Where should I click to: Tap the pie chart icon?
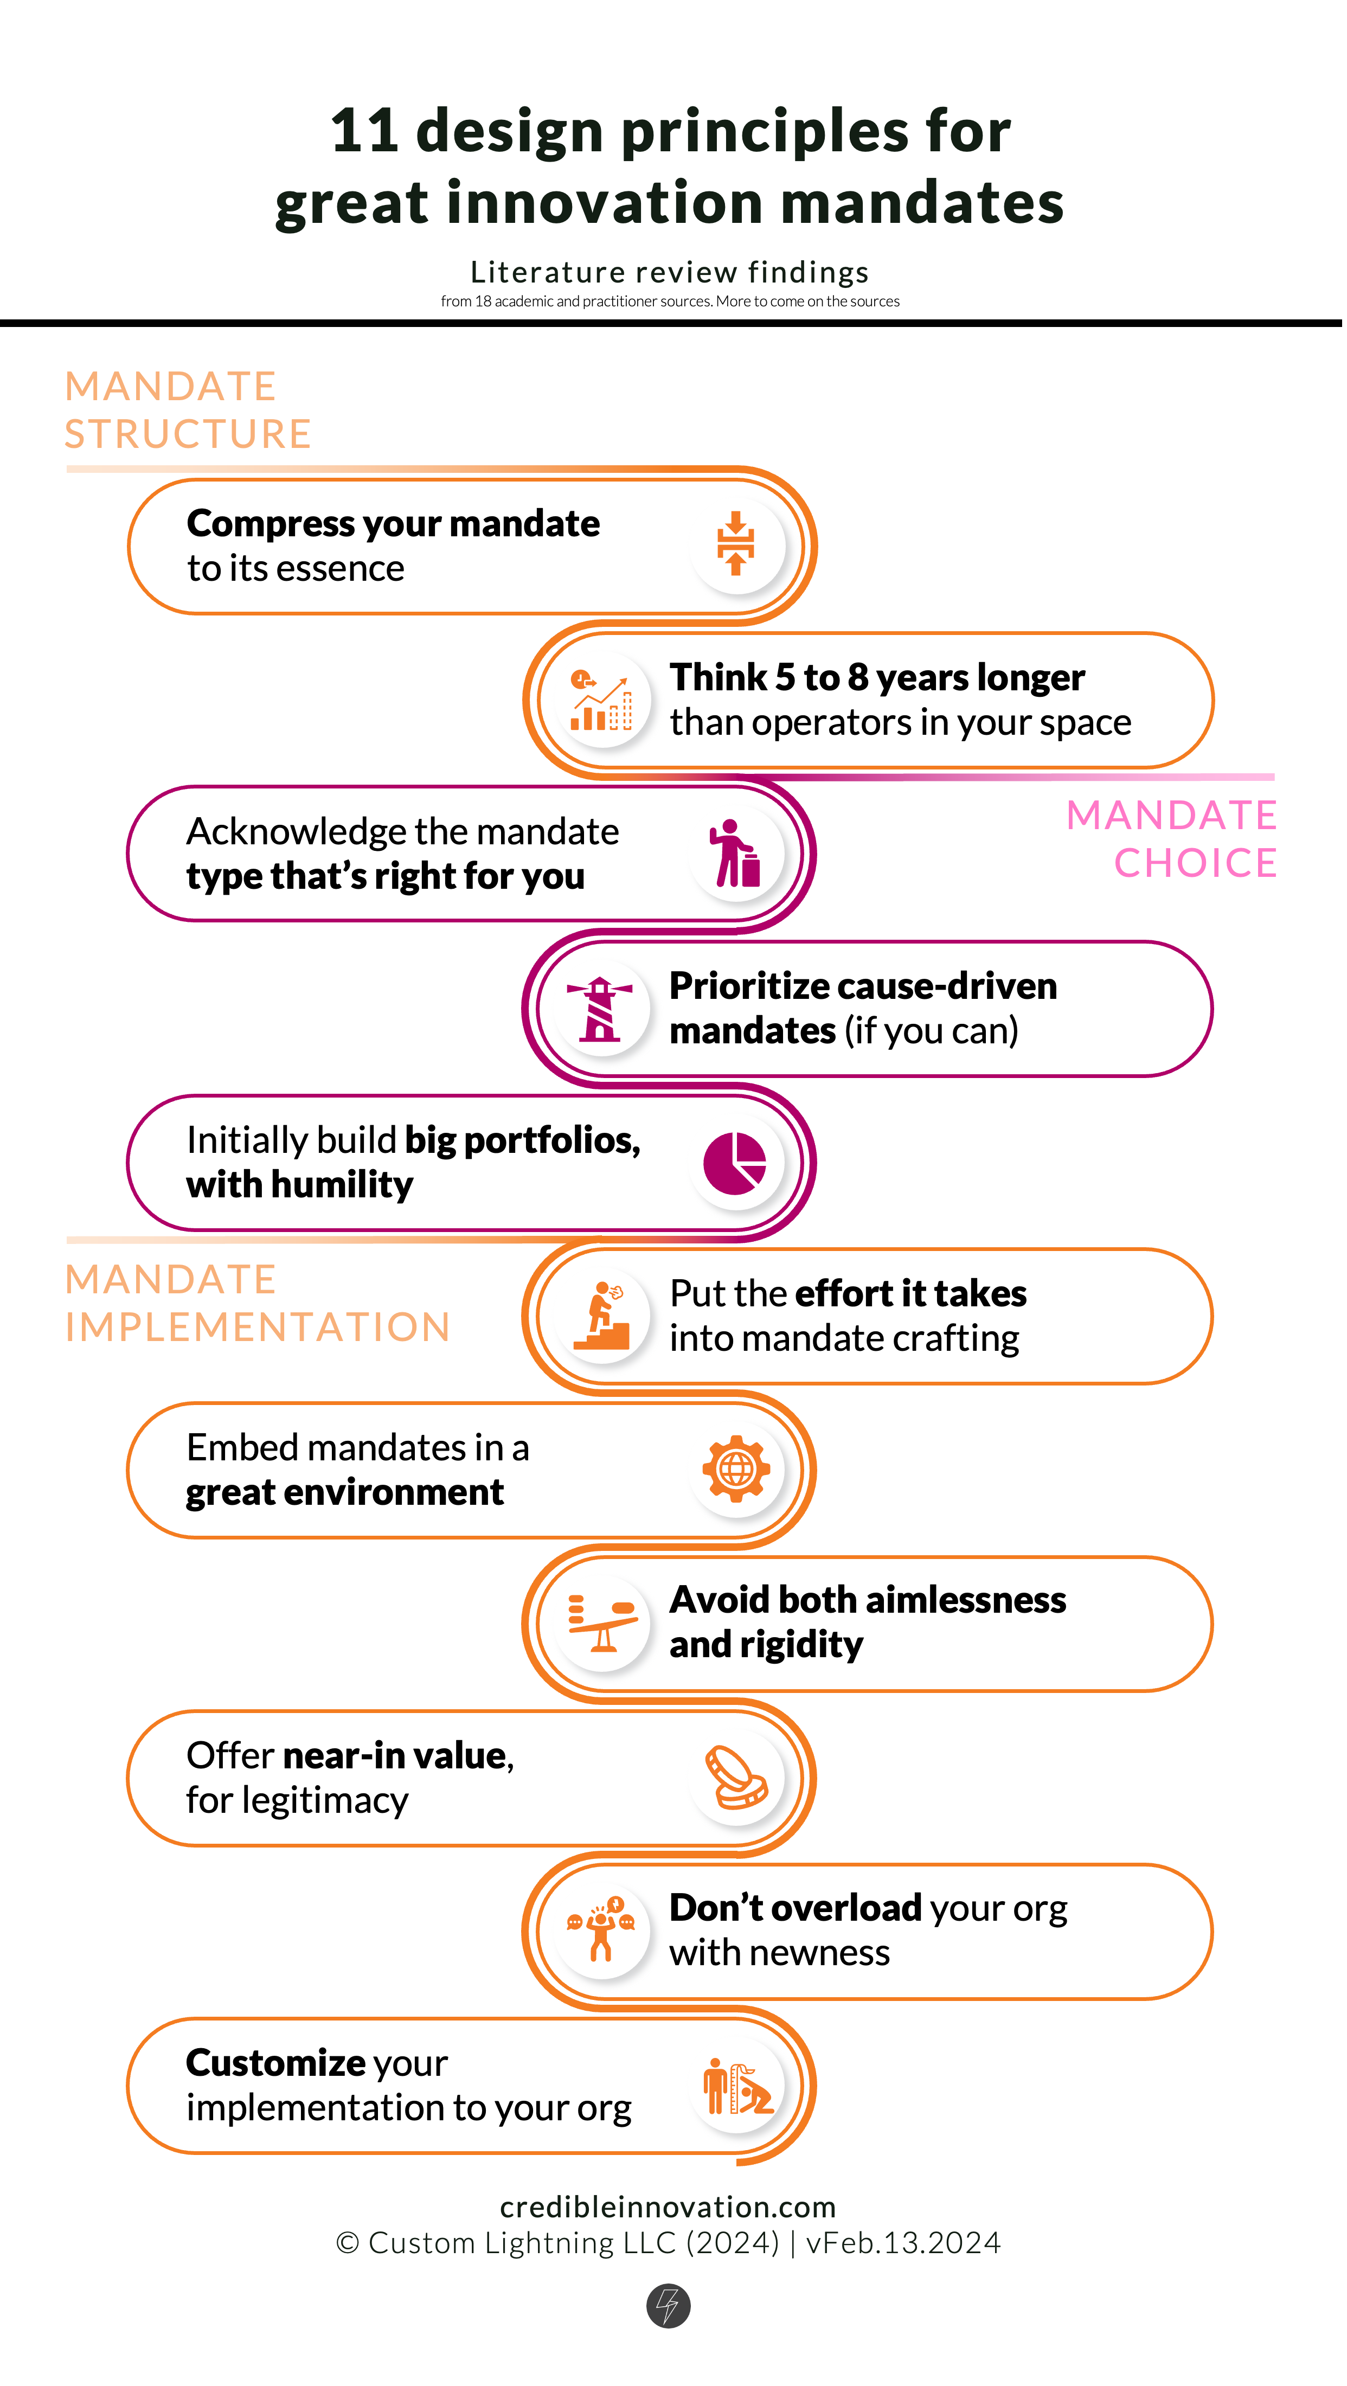735,1163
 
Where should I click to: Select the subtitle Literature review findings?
669,272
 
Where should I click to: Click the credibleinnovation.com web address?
667,2207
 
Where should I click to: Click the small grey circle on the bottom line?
668,2305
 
